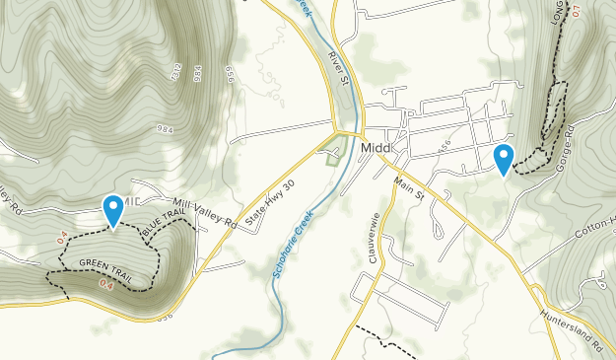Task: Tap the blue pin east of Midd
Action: click(504, 159)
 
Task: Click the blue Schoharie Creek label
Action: click(294, 243)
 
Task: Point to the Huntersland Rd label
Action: click(571, 331)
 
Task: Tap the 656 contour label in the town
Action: click(445, 146)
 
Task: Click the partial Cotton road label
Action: click(595, 225)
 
